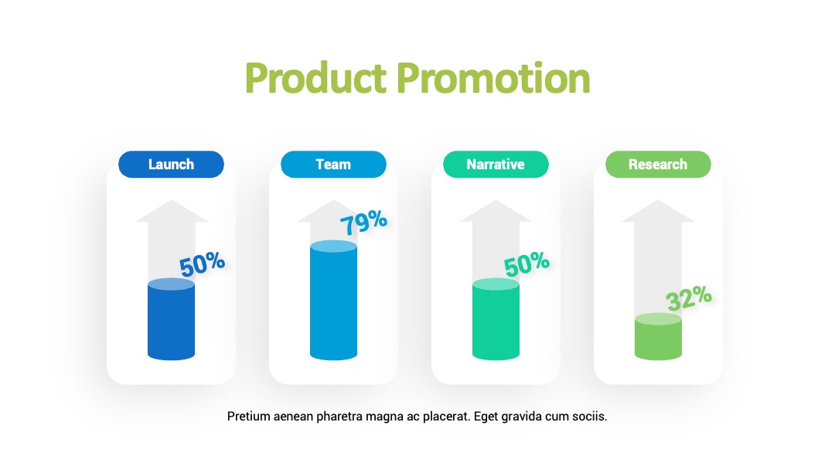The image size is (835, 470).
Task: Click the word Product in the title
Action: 315,78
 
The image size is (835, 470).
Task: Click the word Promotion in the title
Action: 493,78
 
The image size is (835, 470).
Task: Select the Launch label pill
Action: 171,164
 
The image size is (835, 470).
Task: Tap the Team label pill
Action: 333,164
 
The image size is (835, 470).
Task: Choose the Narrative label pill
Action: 496,164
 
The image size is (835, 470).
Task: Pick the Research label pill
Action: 658,164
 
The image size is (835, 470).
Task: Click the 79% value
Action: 363,222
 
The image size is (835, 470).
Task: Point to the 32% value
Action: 689,298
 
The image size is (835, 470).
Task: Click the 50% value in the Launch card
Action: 202,264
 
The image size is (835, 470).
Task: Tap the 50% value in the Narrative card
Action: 527,264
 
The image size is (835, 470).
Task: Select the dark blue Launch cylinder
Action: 171,318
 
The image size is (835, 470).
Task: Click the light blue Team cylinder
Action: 333,300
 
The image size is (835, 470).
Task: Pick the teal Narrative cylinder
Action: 496,318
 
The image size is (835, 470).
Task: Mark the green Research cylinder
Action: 658,336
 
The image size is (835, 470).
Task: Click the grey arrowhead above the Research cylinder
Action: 658,211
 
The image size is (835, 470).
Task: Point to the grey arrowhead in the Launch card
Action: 171,211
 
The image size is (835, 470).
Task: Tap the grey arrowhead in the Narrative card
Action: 496,211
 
